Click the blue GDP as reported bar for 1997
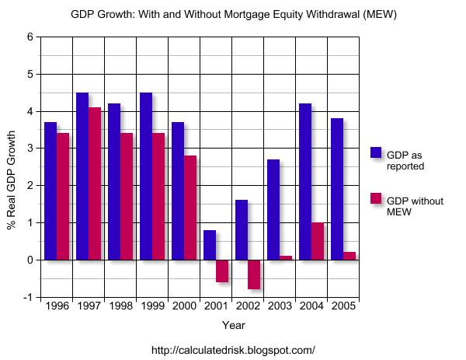point(82,176)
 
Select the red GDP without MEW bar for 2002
point(254,274)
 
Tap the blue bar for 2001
point(210,245)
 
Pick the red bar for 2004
point(318,241)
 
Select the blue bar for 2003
point(273,209)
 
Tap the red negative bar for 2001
point(222,271)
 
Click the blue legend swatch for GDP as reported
point(376,152)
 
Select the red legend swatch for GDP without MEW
point(376,199)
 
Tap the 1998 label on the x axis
point(120,306)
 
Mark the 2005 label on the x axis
point(343,306)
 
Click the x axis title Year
point(233,324)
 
